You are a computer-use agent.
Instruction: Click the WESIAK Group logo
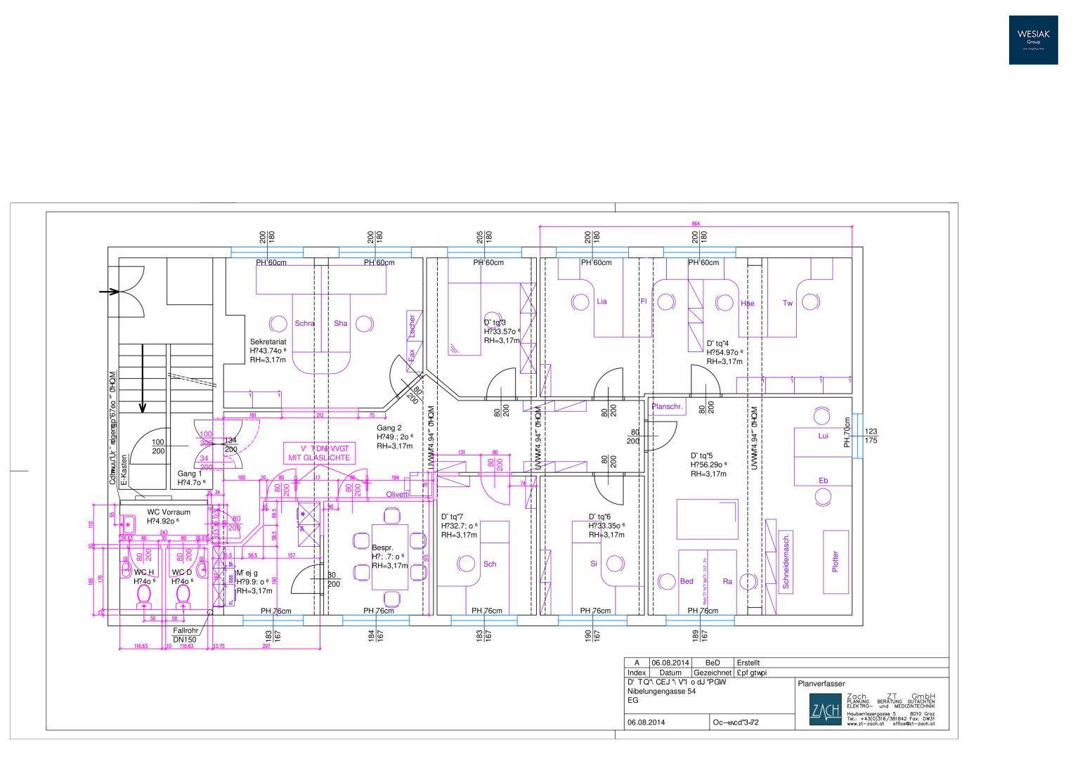pos(1033,40)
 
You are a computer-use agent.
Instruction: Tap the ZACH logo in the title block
pos(825,711)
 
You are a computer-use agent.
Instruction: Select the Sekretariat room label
pos(268,341)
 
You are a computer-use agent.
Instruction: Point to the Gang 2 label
pos(389,428)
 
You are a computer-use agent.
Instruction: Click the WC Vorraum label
pos(169,512)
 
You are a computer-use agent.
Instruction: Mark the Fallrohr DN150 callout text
pos(185,635)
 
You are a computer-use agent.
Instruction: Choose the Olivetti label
pos(397,494)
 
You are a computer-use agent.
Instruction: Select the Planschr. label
pos(668,407)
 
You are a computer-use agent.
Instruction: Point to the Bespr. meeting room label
pos(382,547)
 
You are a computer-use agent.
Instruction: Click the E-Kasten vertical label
pos(124,470)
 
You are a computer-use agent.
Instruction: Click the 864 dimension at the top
pos(696,223)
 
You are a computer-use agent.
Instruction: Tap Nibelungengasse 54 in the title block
pos(661,692)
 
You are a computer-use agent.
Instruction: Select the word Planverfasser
pos(821,683)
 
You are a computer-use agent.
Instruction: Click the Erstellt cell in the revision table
pos(748,663)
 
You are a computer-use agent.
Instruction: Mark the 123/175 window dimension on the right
pos(871,436)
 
